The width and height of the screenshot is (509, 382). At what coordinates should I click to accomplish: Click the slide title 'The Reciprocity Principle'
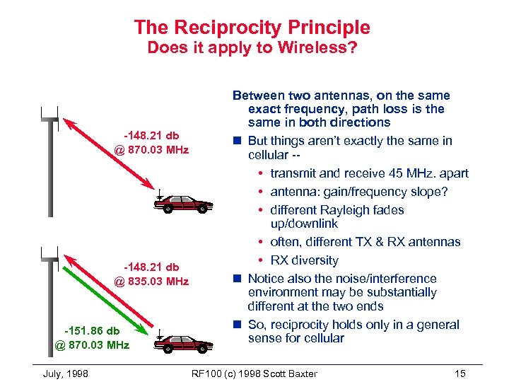point(252,28)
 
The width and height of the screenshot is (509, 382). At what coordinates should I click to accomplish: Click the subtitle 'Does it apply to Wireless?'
point(252,49)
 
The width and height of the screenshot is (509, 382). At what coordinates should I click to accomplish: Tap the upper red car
point(185,204)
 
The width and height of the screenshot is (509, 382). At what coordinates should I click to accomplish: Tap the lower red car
point(185,344)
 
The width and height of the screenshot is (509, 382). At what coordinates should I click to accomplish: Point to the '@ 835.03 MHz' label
point(152,281)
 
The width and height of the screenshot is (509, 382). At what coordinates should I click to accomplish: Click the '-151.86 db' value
point(92,330)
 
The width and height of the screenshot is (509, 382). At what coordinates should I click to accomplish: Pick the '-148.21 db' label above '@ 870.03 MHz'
point(152,135)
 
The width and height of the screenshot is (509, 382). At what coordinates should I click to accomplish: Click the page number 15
point(462,374)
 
